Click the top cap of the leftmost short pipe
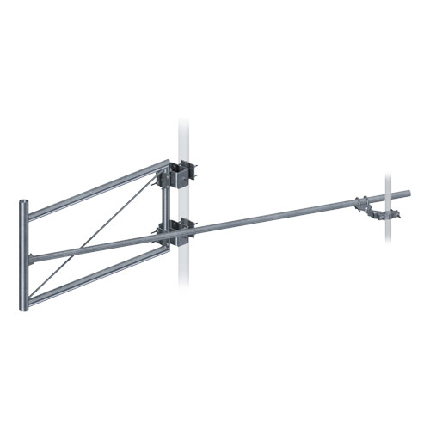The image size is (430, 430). pos(23,203)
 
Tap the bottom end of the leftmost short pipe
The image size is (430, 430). pos(23,305)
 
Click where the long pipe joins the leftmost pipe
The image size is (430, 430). pos(31,259)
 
